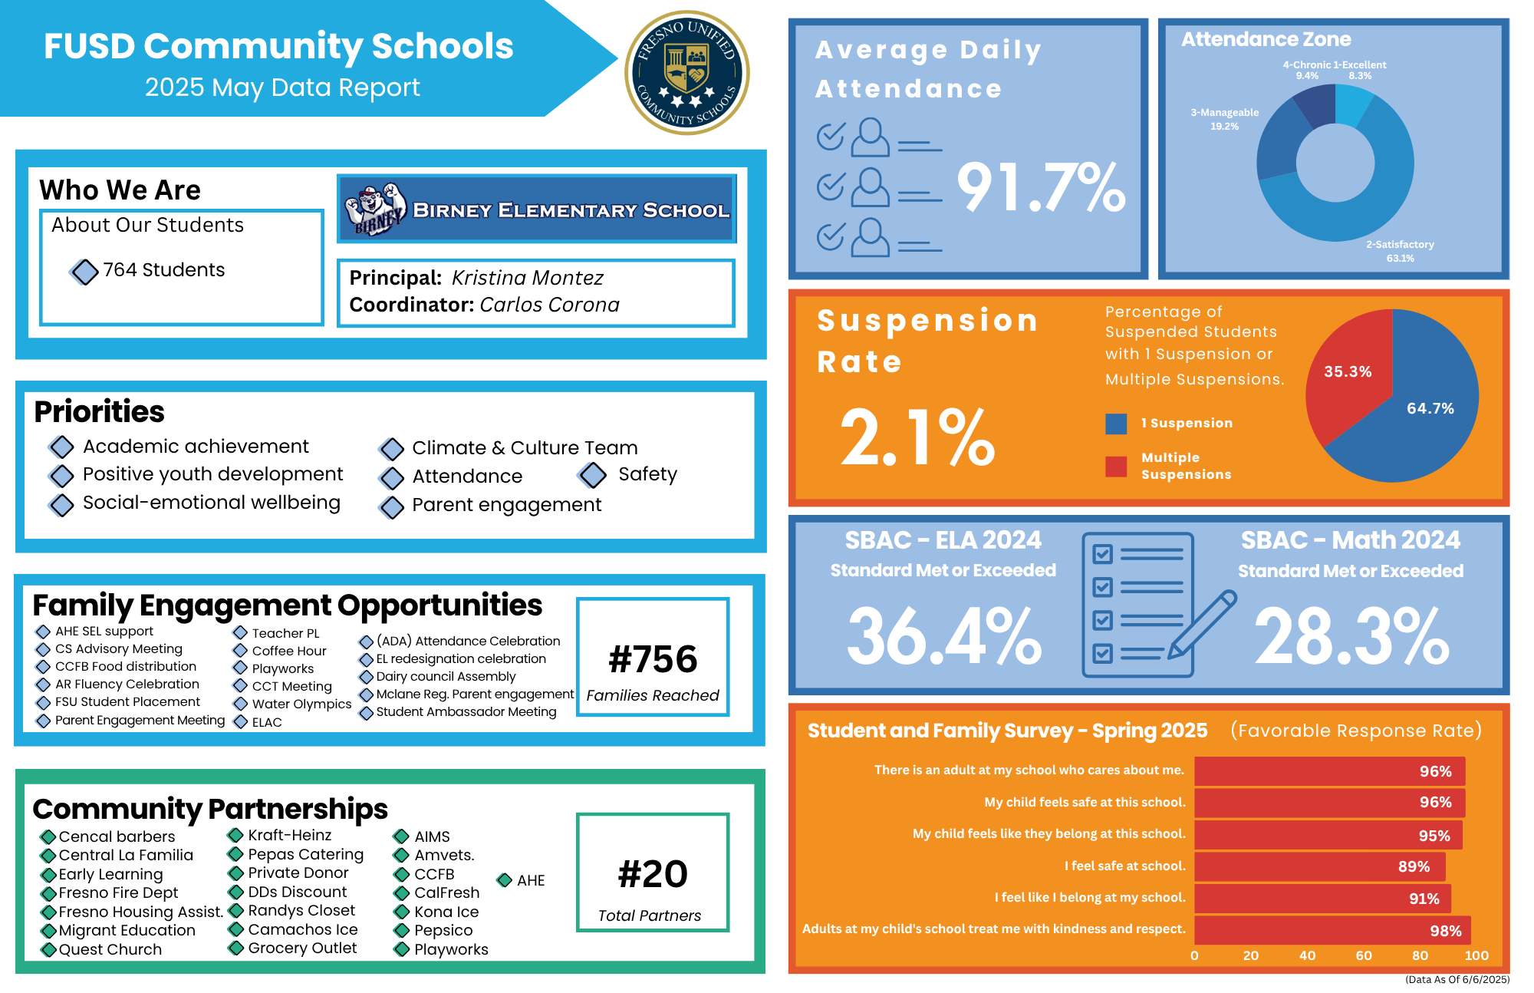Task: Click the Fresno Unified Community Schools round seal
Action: coord(687,73)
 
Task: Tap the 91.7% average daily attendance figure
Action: coord(1041,187)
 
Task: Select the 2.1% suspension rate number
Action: coord(917,437)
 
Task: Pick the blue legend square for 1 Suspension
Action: coord(1116,424)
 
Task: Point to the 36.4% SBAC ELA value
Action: coord(943,636)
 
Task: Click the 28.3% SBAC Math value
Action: coord(1351,636)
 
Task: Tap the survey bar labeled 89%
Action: coord(1319,866)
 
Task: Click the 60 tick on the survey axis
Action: coord(1364,955)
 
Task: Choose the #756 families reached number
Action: coord(653,659)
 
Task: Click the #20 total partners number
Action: coord(653,874)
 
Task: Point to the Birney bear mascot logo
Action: coord(375,209)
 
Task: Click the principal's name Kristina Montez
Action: coord(527,278)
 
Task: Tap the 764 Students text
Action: coord(164,270)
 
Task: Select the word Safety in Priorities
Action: coord(647,474)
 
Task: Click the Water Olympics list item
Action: coord(301,704)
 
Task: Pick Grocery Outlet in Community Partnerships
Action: coord(302,948)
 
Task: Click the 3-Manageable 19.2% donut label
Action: coord(1224,120)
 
